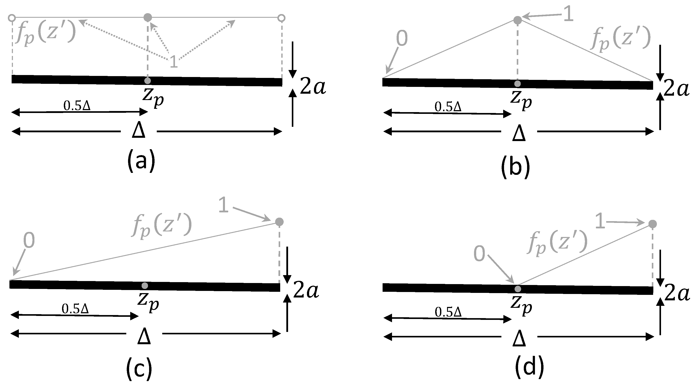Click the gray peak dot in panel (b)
click(517, 20)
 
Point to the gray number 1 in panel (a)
click(173, 62)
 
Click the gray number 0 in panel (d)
click(479, 254)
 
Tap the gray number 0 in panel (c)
click(29, 241)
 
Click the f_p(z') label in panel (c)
click(162, 225)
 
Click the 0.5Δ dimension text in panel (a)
click(77, 106)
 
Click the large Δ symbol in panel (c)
click(144, 337)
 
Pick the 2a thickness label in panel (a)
click(313, 87)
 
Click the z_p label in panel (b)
click(521, 100)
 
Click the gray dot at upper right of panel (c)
click(279, 222)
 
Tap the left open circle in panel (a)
click(12, 18)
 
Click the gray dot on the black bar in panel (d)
click(517, 289)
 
